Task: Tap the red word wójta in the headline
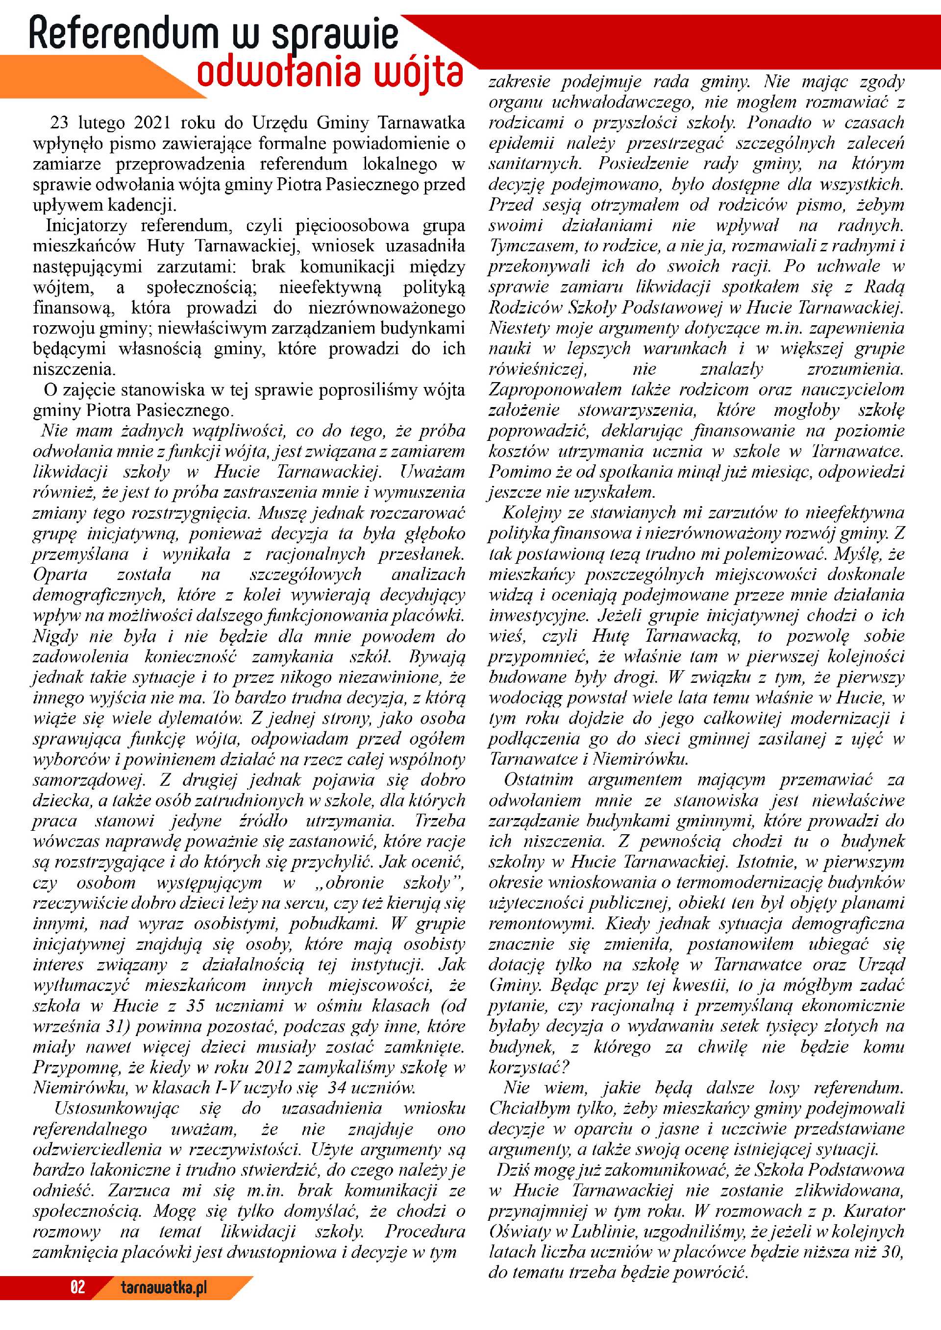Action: tap(418, 74)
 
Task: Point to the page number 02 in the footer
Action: tap(77, 1287)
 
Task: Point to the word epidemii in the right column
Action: tap(521, 143)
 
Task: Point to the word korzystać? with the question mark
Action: tap(529, 1067)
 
